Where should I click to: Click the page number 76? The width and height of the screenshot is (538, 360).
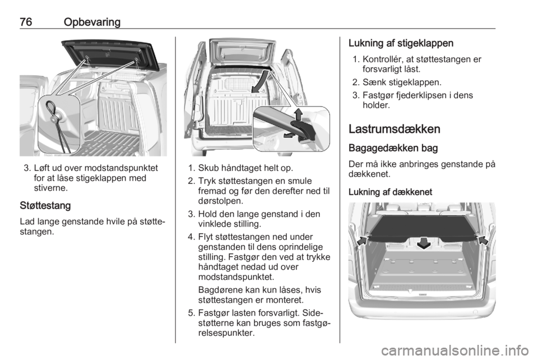point(26,22)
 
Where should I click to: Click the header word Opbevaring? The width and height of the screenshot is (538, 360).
point(92,22)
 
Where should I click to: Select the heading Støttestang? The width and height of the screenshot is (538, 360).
point(45,206)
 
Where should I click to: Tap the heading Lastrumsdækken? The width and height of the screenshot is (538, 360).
point(394,129)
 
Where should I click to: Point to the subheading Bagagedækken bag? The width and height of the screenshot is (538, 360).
point(393,148)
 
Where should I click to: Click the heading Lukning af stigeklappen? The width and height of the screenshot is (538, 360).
point(401,43)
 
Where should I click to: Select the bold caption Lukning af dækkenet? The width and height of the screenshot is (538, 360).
point(390,192)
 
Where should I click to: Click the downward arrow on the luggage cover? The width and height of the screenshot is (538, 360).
point(424,243)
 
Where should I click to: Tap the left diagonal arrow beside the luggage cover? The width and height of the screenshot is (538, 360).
point(362,240)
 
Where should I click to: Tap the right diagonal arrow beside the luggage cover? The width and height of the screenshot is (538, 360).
point(483,239)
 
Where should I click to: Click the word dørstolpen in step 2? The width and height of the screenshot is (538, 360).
point(221,201)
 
